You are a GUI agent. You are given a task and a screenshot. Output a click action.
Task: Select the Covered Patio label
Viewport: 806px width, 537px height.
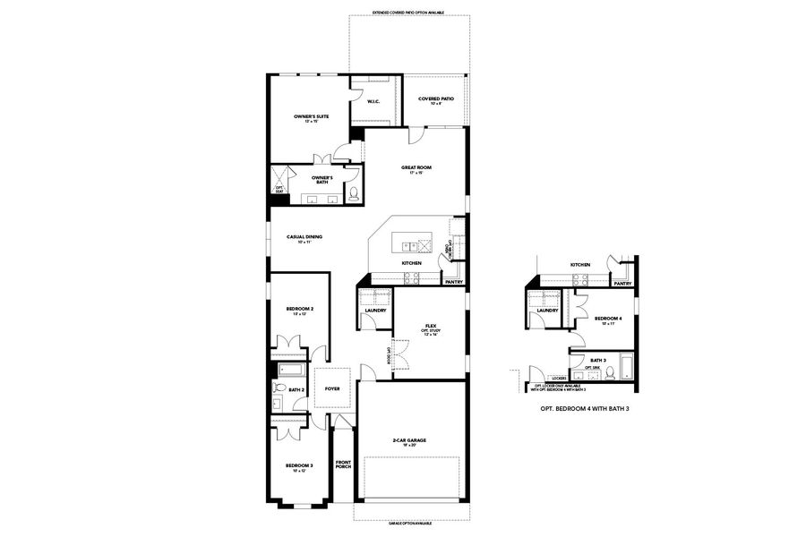pyautogui.click(x=435, y=100)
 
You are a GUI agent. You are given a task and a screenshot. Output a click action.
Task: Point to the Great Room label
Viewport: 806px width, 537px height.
pyautogui.click(x=416, y=169)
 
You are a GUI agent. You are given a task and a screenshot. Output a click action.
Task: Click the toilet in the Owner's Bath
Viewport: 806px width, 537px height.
pyautogui.click(x=353, y=192)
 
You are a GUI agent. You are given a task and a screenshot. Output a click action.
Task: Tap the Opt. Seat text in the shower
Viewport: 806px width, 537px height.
pyautogui.click(x=279, y=188)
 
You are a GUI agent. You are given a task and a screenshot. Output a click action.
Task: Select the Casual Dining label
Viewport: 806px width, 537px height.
pyautogui.click(x=304, y=239)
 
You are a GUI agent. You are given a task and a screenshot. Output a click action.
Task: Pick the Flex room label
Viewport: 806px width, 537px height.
pyautogui.click(x=430, y=328)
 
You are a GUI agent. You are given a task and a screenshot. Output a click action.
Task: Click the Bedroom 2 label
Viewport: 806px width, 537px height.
pyautogui.click(x=299, y=311)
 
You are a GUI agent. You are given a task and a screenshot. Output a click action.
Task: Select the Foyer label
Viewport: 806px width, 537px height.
pyautogui.click(x=332, y=389)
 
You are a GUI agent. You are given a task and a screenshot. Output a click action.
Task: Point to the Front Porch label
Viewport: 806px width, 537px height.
pyautogui.click(x=344, y=465)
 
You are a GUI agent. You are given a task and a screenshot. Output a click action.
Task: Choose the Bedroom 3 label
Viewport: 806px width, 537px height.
pyautogui.click(x=299, y=467)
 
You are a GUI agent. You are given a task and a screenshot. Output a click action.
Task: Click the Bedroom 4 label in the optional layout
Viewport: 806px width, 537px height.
pyautogui.click(x=607, y=320)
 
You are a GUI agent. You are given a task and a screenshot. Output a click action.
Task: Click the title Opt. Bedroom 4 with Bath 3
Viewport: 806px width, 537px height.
pyautogui.click(x=581, y=408)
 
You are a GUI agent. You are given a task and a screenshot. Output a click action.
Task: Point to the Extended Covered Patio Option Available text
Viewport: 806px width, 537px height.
pyautogui.click(x=408, y=13)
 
